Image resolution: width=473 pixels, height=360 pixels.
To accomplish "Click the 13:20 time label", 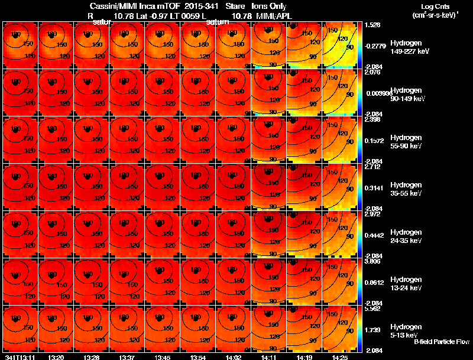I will [56, 357].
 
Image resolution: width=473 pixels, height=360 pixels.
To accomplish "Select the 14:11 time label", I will [269, 357].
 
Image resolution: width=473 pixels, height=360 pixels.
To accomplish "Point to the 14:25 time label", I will [339, 357].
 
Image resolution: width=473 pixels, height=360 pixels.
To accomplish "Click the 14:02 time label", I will [234, 357].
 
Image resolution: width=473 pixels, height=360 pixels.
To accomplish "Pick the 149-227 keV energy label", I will [407, 51].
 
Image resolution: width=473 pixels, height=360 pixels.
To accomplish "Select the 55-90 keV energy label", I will [405, 146].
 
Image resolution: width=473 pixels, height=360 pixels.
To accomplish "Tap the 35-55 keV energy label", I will [405, 193].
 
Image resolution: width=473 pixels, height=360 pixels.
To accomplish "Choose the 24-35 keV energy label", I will [405, 241].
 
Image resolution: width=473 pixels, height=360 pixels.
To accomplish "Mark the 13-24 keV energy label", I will [405, 288].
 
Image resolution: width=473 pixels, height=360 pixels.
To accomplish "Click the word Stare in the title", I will [235, 6].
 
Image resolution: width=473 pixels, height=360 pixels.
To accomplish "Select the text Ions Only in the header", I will [270, 6].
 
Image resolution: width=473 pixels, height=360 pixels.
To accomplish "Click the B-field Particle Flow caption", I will [442, 342].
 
